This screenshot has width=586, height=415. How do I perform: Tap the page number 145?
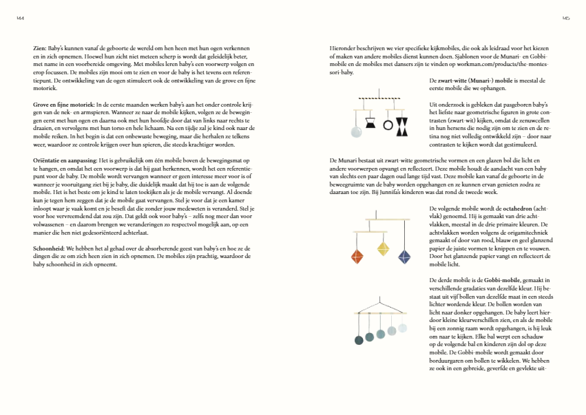point(565,19)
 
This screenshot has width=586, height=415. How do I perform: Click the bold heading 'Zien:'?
point(39,47)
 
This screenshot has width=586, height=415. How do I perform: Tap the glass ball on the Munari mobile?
point(356,131)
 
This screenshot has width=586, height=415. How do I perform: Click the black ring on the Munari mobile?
point(388,126)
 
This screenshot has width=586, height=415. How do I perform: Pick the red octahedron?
point(357,257)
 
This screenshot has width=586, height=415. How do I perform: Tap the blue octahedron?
point(404,257)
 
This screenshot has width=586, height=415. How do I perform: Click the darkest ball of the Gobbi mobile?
point(358,339)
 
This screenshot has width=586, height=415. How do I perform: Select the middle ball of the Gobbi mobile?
point(381,335)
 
